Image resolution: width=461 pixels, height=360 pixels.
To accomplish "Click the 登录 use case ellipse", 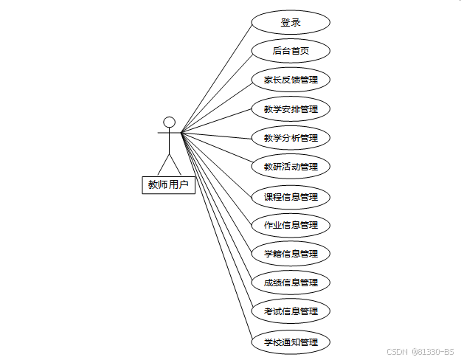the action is click(x=291, y=22).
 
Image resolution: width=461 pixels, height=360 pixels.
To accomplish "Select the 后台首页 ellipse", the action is click(x=291, y=51).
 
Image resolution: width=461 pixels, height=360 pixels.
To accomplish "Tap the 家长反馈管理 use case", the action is click(x=291, y=80).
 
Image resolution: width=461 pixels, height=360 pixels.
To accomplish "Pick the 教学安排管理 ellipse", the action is click(x=291, y=109).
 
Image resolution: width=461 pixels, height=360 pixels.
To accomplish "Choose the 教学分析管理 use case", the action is click(x=291, y=138).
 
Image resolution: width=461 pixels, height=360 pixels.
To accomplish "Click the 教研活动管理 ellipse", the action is click(x=291, y=167).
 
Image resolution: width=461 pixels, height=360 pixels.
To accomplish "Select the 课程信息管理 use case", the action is click(x=291, y=197).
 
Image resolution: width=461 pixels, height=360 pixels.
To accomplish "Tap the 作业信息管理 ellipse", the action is click(x=291, y=225).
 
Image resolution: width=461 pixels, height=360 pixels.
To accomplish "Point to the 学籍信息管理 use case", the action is click(x=291, y=254).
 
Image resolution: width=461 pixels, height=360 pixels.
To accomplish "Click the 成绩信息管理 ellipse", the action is click(x=291, y=283).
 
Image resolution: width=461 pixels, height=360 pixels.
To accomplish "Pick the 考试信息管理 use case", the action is click(x=291, y=311).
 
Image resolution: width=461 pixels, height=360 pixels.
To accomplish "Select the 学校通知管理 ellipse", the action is click(x=291, y=342).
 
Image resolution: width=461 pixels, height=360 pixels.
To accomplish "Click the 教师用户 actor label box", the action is click(x=168, y=184).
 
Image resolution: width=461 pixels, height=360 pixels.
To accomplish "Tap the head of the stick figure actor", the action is click(x=169, y=122).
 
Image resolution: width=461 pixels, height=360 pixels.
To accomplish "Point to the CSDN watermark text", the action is click(x=420, y=352).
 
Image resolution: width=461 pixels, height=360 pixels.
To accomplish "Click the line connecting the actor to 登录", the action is click(x=216, y=77).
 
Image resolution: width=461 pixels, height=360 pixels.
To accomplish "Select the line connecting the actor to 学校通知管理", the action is click(x=216, y=237).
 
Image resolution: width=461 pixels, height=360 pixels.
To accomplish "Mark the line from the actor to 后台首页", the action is click(x=216, y=92).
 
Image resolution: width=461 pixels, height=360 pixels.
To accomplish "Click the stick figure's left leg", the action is click(x=163, y=165).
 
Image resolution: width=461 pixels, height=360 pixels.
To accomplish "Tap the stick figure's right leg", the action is click(x=175, y=165).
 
